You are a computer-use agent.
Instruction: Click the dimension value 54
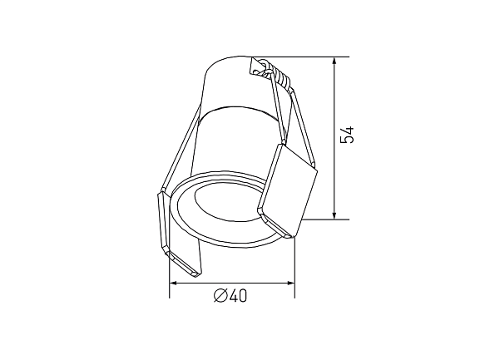pyautogui.click(x=347, y=135)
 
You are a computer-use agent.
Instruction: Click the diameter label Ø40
pyautogui.click(x=230, y=296)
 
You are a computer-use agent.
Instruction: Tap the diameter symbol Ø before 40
pyautogui.click(x=220, y=296)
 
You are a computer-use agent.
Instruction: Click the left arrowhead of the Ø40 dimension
pyautogui.click(x=174, y=284)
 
